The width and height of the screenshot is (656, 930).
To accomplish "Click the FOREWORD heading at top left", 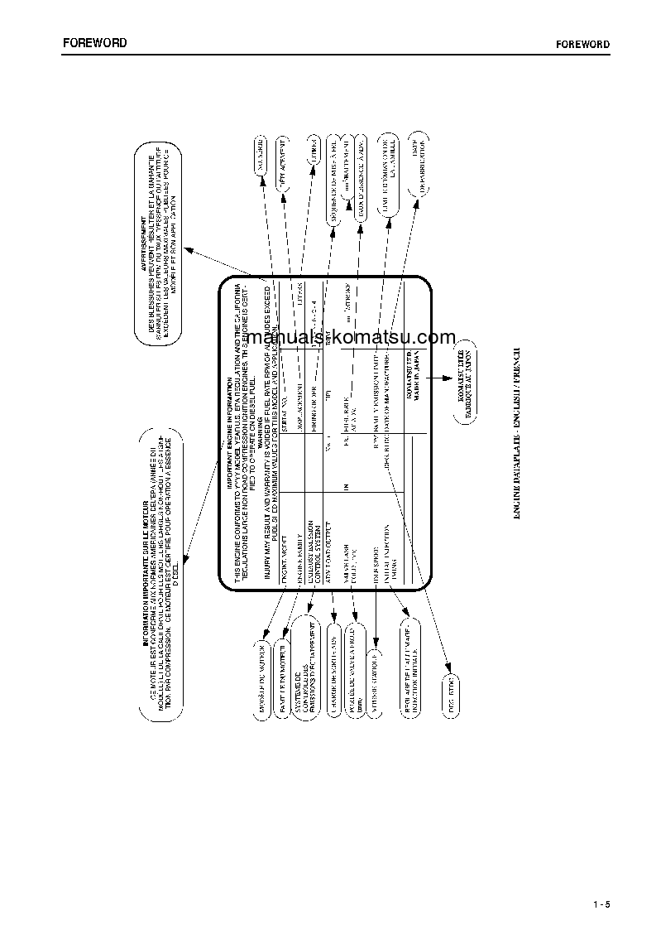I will coord(95,42).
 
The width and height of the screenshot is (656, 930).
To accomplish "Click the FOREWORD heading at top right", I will coord(583,44).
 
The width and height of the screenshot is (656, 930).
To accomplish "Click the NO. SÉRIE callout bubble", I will coord(266,154).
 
